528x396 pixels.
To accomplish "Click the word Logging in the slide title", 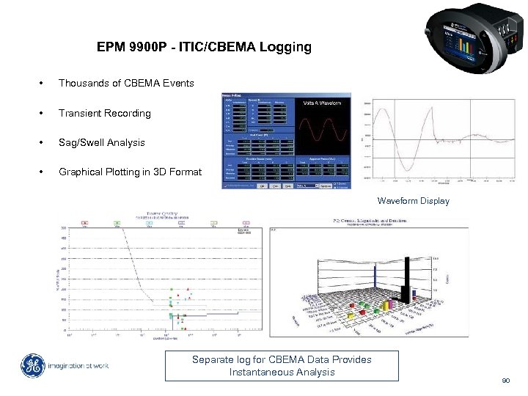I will pos(285,48).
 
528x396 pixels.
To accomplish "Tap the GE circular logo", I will pos(33,366).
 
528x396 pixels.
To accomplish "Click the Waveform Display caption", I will pos(414,201).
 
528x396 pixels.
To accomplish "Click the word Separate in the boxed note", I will pos(213,359).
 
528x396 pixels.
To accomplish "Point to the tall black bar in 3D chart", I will pos(406,279).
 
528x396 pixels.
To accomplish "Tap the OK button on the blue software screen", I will pos(263,186).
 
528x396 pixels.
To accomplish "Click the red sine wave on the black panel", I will pos(323,128).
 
